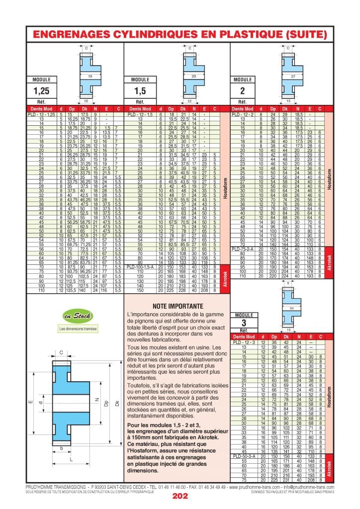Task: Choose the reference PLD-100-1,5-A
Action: point(143,267)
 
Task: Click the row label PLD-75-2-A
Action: point(243,249)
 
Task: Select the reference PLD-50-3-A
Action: point(244,456)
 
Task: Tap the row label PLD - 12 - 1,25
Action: point(41,114)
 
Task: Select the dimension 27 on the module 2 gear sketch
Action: point(293,77)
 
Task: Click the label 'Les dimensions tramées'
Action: point(78,329)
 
